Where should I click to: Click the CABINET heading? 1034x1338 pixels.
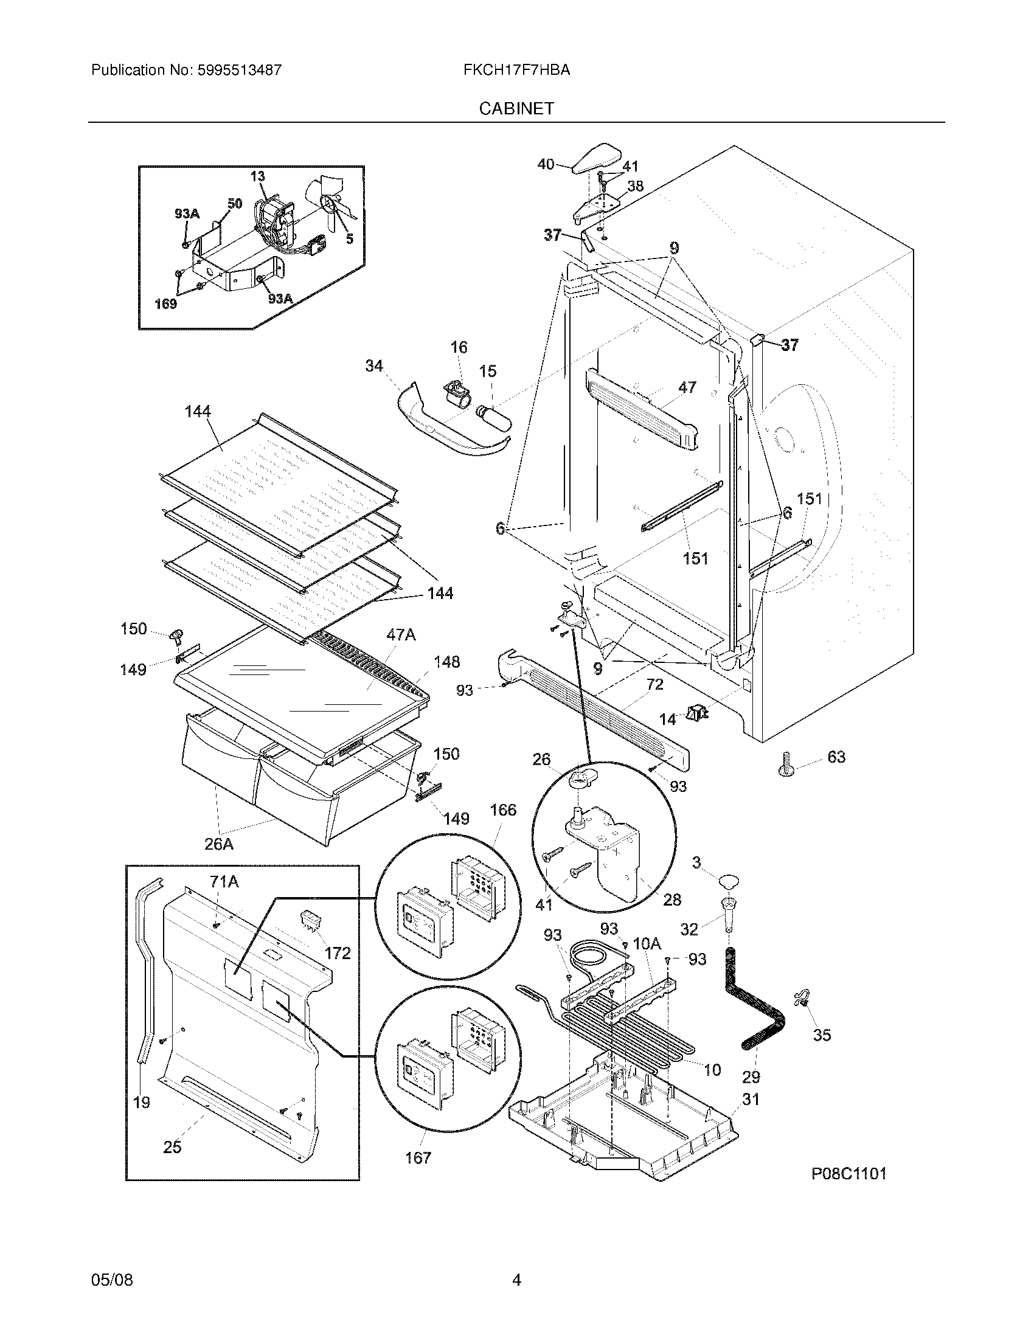point(516,108)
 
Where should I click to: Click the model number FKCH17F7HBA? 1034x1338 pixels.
point(516,70)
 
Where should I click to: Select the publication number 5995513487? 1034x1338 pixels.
point(239,70)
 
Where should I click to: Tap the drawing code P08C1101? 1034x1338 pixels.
point(848,1173)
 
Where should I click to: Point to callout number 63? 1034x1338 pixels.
point(836,757)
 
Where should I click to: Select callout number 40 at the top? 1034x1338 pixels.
point(546,164)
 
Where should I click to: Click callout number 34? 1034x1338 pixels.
point(373,366)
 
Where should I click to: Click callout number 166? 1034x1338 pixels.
point(503,810)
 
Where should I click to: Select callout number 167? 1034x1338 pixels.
point(418,1157)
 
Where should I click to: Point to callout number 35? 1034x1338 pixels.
point(822,1035)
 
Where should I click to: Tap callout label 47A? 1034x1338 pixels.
point(401,635)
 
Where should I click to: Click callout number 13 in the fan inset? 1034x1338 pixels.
point(257,176)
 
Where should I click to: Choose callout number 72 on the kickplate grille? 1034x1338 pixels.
point(654,684)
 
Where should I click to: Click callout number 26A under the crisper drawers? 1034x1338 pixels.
point(219,844)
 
